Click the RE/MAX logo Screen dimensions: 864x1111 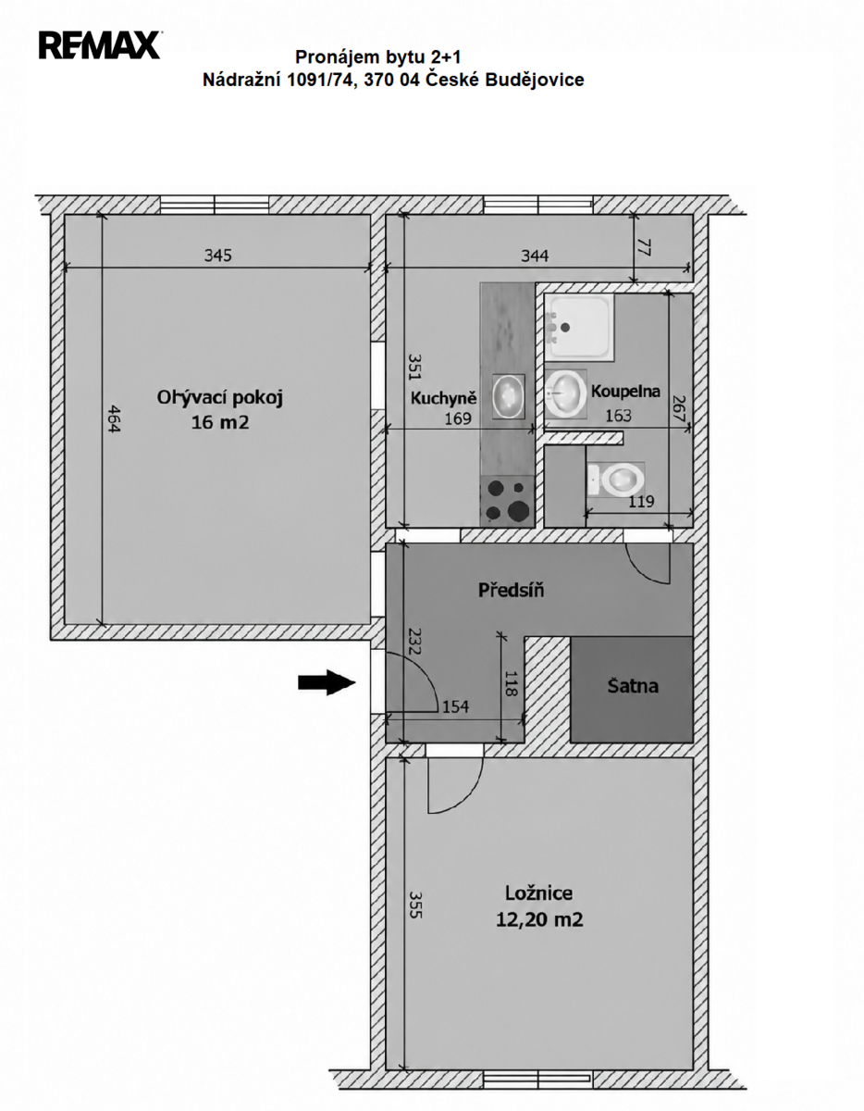pos(101,45)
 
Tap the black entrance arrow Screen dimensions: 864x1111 pos(327,682)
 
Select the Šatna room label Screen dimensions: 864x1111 pos(633,686)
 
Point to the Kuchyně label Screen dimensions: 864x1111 pos(443,398)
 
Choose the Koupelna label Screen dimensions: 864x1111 pos(625,391)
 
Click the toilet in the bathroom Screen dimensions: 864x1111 pos(616,480)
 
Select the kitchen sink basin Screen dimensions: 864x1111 pos(509,396)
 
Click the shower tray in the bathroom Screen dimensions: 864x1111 pos(578,327)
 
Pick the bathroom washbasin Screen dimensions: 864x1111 pos(565,394)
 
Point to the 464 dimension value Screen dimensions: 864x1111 pos(114,419)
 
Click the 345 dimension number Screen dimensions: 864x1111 pos(218,255)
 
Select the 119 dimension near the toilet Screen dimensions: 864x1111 pos(641,501)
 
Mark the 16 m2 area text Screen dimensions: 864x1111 pos(220,422)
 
